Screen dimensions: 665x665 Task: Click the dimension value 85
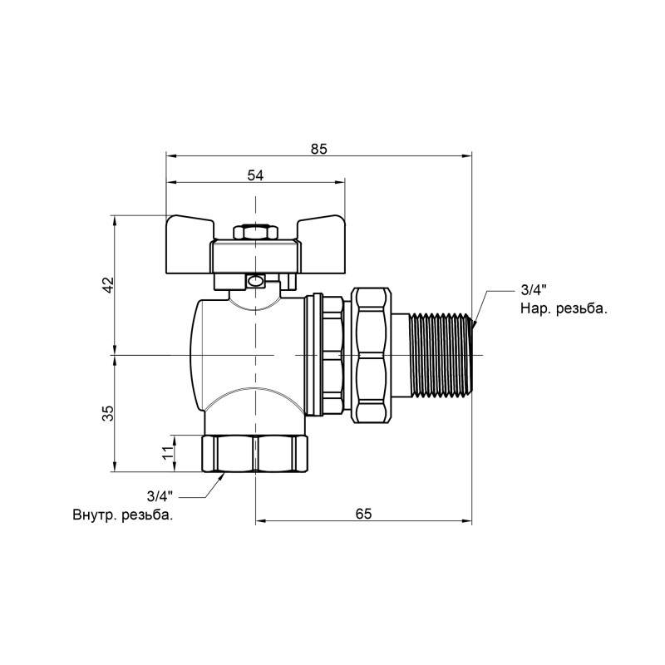(319, 149)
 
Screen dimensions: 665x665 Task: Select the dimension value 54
(255, 175)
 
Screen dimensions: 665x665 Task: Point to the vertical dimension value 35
(107, 413)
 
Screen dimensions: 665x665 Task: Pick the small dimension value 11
(167, 453)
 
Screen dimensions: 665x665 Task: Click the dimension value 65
(363, 514)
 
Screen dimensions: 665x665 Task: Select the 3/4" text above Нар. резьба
(532, 290)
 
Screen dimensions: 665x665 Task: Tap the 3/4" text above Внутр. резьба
(159, 496)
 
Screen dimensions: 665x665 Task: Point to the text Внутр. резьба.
(123, 515)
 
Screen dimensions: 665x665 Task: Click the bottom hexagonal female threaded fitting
(255, 453)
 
